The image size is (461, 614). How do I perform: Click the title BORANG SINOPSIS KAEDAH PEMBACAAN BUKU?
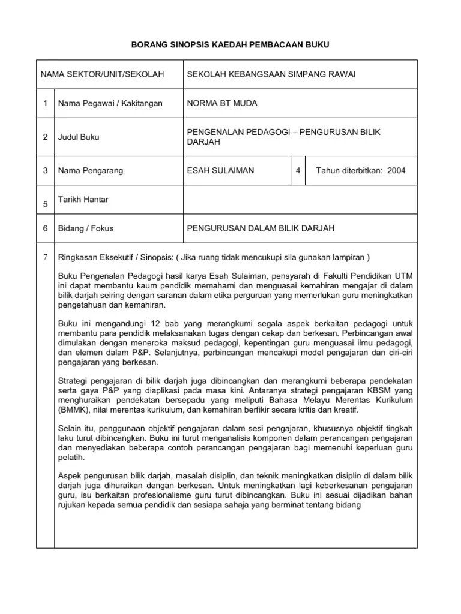[230, 44]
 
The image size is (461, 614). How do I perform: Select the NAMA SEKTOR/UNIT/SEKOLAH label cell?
[102, 74]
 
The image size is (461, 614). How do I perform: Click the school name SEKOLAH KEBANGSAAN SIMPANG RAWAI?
[271, 74]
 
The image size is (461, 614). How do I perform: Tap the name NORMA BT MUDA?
[222, 103]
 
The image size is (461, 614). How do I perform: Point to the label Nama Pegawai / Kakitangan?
[110, 103]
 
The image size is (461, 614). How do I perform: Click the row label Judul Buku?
[79, 137]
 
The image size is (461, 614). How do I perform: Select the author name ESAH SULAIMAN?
[220, 170]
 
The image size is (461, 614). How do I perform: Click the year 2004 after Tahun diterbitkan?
[396, 170]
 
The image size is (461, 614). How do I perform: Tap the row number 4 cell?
[298, 170]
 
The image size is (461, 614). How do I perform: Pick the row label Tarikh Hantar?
[83, 199]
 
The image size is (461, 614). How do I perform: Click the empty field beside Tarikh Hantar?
[299, 200]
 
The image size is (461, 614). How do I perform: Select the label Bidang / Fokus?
[86, 228]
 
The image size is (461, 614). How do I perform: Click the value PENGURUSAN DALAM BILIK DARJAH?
[261, 228]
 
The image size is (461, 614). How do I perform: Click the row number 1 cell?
[45, 103]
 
